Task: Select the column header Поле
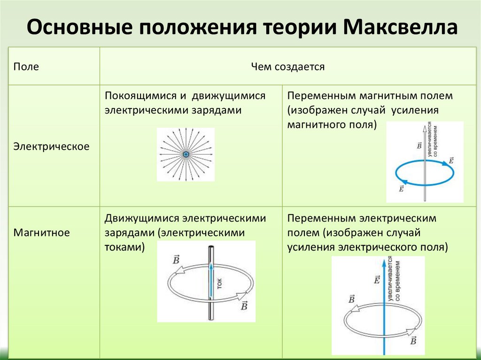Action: pos(26,67)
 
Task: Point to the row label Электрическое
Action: pos(51,146)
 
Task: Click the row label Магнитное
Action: pos(42,232)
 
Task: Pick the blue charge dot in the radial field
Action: pos(186,154)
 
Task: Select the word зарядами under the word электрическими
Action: pos(221,111)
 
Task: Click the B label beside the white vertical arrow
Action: pos(419,146)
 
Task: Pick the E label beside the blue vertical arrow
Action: pos(376,280)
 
